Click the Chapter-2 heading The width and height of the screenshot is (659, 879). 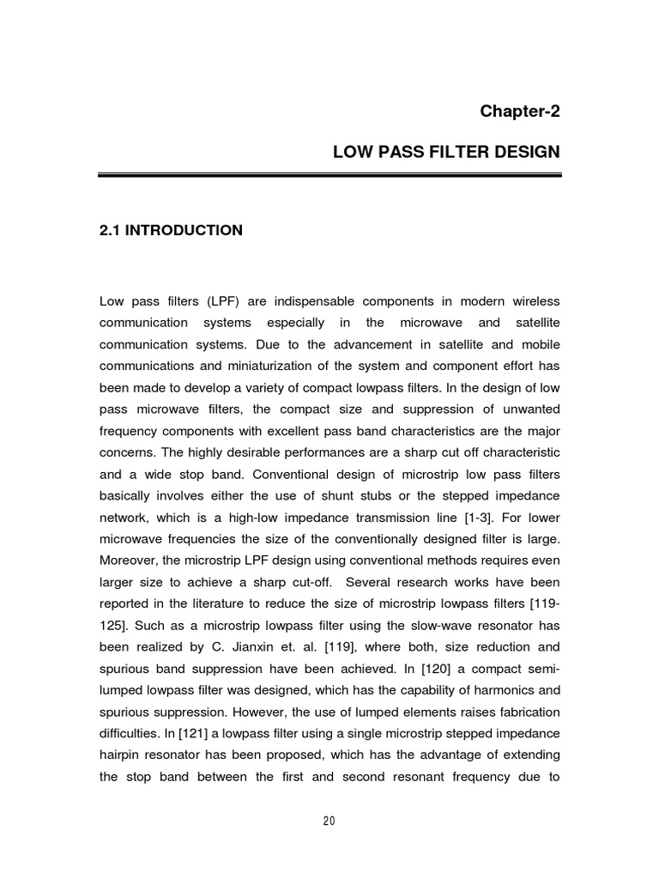tap(519, 111)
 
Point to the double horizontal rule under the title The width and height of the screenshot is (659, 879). tap(329, 175)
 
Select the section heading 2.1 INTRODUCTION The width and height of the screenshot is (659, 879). tap(171, 230)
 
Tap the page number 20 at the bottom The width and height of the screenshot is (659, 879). tap(329, 821)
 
